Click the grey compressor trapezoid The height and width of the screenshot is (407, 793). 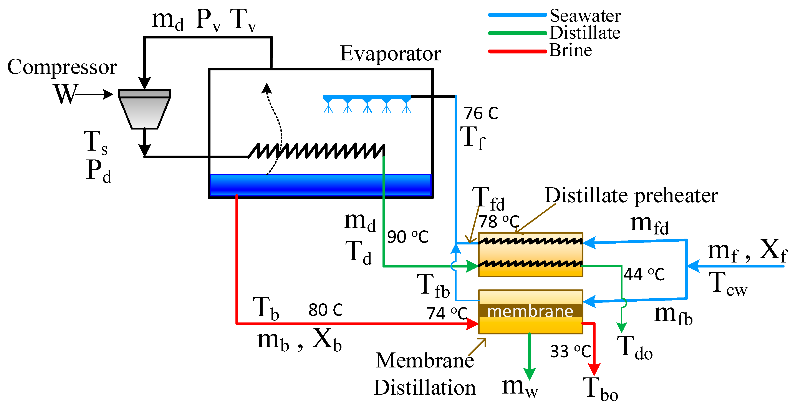(144, 111)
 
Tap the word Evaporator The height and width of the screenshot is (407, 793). (390, 54)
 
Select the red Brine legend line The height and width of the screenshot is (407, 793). (517, 51)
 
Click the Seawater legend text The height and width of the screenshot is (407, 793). (585, 16)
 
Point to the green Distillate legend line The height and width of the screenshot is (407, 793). (517, 33)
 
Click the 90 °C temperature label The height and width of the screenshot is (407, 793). (407, 237)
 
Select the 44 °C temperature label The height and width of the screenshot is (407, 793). (644, 274)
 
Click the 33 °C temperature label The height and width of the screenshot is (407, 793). (570, 351)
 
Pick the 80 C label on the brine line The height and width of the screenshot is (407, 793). (325, 310)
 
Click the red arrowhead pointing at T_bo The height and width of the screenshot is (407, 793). (594, 369)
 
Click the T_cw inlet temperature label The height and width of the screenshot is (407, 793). (727, 284)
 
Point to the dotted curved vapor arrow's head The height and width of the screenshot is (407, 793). (267, 88)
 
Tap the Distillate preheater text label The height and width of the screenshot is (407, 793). (631, 196)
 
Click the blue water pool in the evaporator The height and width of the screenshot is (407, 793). (320, 185)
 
